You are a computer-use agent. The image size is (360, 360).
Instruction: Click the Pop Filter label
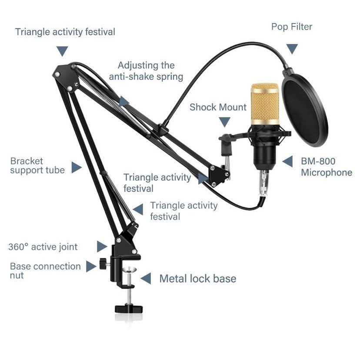point(292,27)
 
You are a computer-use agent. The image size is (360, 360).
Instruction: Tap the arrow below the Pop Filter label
point(292,49)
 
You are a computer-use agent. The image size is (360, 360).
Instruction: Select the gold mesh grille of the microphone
point(265,104)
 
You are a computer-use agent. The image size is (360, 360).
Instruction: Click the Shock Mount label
point(218,107)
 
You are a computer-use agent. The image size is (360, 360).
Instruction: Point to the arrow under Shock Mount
point(224,122)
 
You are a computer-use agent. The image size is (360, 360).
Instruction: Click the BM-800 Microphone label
point(326,167)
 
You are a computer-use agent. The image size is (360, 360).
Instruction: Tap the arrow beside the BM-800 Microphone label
point(287,161)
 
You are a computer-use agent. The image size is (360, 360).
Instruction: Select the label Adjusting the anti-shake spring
point(146,71)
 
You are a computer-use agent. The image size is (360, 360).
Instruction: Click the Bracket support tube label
point(37,166)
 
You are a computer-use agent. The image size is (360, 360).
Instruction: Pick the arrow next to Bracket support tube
point(77,167)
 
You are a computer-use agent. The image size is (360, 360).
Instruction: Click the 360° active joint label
point(43,247)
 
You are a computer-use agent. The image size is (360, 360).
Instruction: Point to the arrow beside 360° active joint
point(102,247)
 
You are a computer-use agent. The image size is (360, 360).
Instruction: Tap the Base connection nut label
point(45,271)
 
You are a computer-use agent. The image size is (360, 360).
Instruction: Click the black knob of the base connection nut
point(103,264)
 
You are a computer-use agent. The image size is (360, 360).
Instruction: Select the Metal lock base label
point(198,279)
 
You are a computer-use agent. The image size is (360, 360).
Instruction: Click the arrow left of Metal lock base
point(146,279)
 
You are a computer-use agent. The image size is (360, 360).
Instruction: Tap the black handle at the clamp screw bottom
point(129,309)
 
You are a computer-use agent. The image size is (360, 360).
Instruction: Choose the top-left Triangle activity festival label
point(65,32)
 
